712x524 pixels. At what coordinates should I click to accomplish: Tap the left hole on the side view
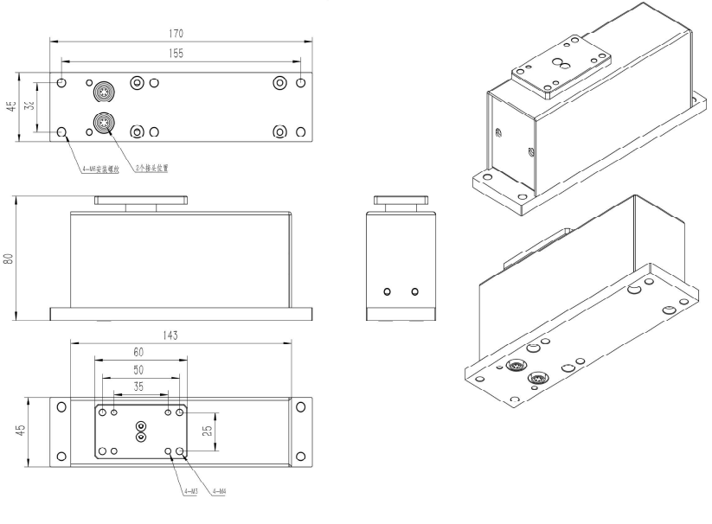388,291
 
